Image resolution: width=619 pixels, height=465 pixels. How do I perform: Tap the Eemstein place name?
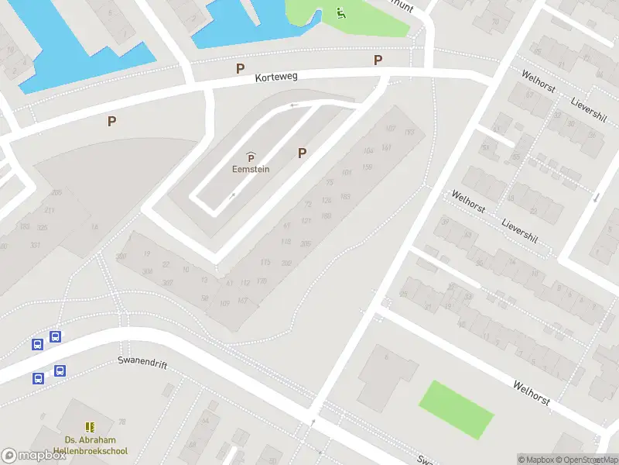pyautogui.click(x=251, y=170)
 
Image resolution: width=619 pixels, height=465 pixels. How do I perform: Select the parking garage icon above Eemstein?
pyautogui.click(x=251, y=158)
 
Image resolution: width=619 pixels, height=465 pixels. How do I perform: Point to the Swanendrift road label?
pyautogui.click(x=142, y=362)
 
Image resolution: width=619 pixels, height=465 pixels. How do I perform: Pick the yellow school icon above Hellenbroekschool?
pyautogui.click(x=90, y=427)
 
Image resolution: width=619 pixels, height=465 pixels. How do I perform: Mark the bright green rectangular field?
pyautogui.click(x=457, y=408)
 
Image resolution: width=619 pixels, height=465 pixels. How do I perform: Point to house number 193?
pyautogui.click(x=409, y=133)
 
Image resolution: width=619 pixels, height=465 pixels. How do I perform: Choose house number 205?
pyautogui.click(x=306, y=243)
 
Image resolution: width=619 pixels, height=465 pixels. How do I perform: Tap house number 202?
pyautogui.click(x=286, y=263)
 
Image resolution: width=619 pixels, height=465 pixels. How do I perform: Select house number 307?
pyautogui.click(x=167, y=283)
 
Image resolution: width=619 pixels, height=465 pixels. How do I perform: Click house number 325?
pyautogui.click(x=43, y=227)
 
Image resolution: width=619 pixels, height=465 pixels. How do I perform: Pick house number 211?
pyautogui.click(x=50, y=210)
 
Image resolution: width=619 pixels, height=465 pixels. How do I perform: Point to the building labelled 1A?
pyautogui.click(x=94, y=226)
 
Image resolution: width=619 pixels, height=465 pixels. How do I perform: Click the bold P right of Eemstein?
pyautogui.click(x=302, y=153)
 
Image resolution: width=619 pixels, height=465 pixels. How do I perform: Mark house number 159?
pyautogui.click(x=367, y=167)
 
